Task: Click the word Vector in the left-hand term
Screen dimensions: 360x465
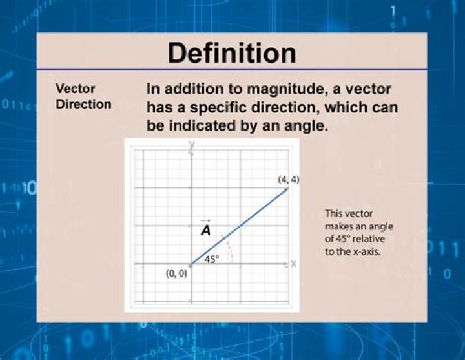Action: coord(76,89)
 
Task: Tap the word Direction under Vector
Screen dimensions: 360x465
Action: coord(83,104)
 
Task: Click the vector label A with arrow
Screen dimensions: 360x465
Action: coord(205,228)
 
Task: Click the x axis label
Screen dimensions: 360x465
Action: coord(293,264)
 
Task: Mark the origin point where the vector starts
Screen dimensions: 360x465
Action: coord(191,264)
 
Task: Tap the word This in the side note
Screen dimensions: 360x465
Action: coord(335,213)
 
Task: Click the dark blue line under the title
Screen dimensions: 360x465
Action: coord(232,70)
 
